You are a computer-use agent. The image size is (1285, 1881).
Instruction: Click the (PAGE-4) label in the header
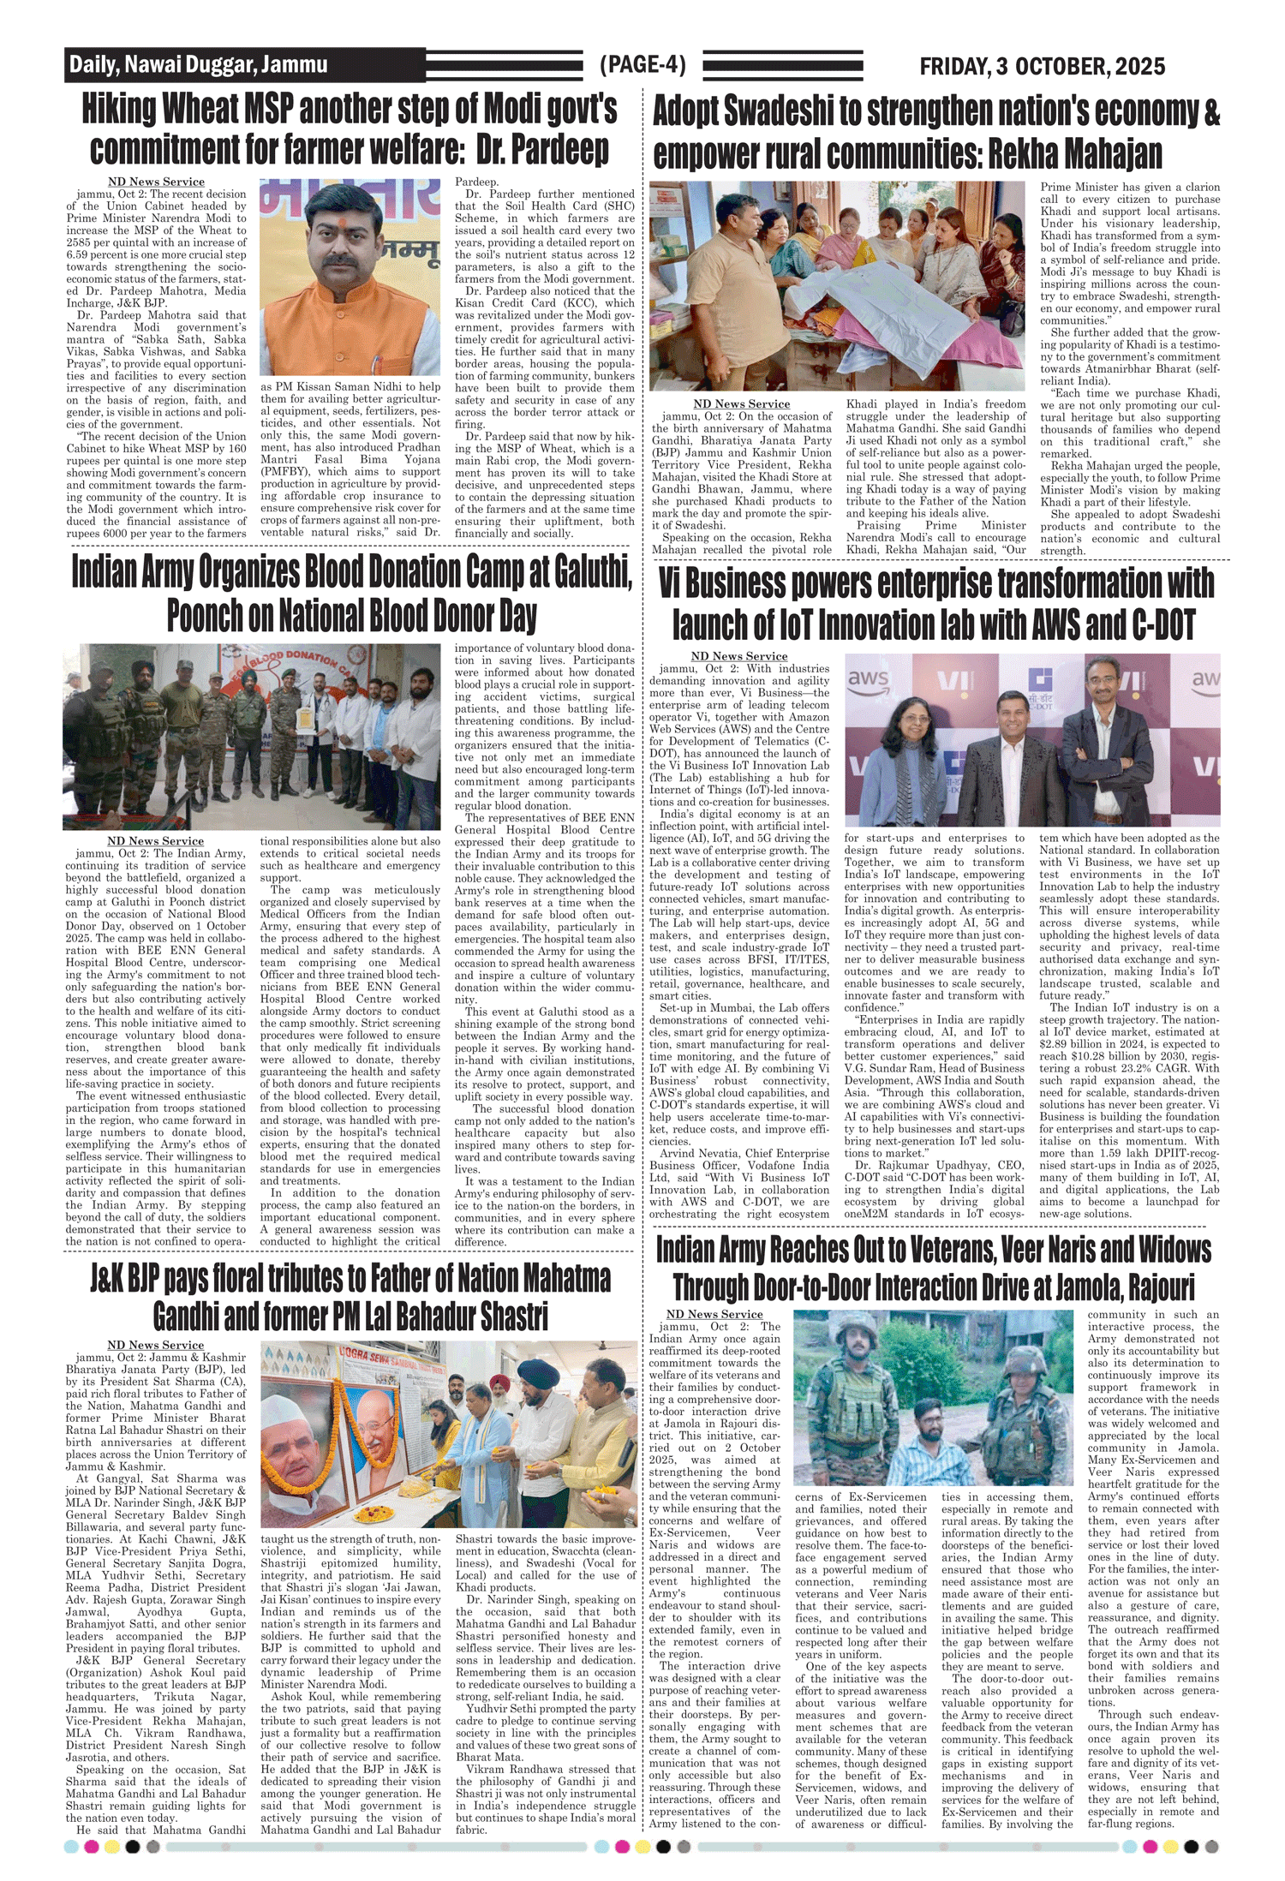[x=642, y=65]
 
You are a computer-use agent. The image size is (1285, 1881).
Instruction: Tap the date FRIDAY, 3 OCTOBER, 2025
[x=1042, y=67]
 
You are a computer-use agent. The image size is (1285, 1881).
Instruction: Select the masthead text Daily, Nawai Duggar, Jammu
[x=198, y=64]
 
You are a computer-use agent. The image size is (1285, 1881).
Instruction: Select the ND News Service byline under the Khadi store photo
[x=741, y=404]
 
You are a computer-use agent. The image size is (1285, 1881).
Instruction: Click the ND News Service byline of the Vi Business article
[x=738, y=657]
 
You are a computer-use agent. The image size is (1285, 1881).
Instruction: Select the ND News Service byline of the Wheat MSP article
[x=156, y=182]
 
